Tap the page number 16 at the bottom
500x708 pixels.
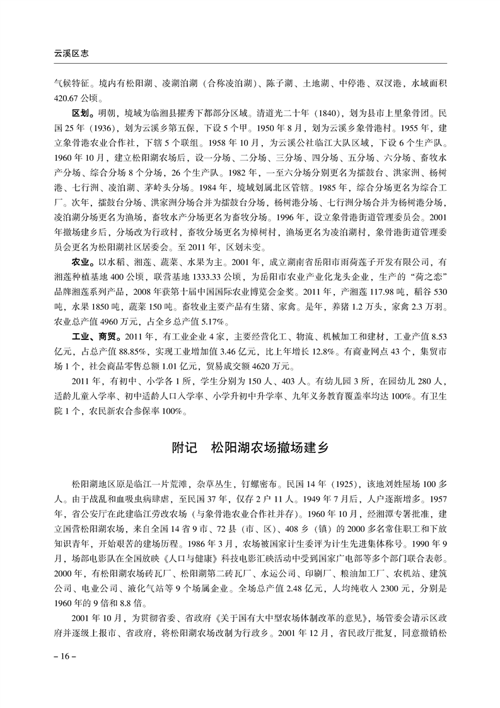tap(64, 657)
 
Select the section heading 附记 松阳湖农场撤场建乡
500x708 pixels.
tap(250, 449)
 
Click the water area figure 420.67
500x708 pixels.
tap(67, 97)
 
